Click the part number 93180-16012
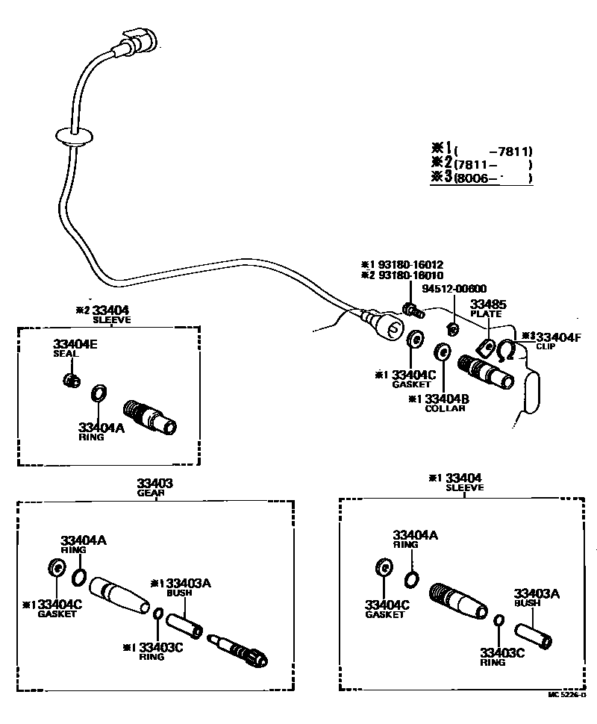pos(411,264)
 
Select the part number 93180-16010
pos(411,275)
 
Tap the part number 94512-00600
pos(454,290)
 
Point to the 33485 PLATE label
pos(487,308)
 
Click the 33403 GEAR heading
pos(154,487)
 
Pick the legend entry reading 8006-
pos(493,178)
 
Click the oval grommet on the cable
pos(73,137)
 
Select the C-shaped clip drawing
pos(507,350)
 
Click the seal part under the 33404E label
pos(72,381)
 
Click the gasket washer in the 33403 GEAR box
pos(56,568)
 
